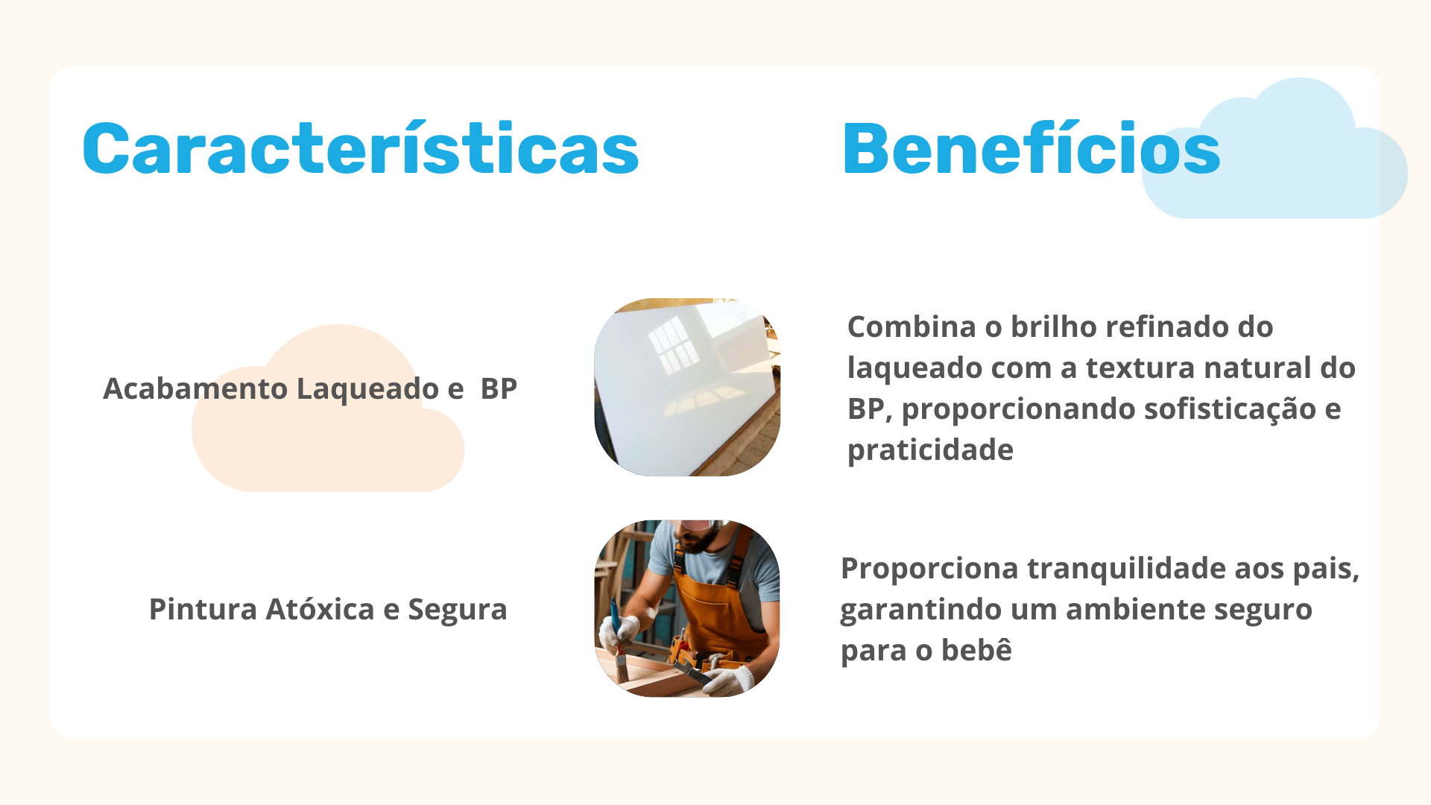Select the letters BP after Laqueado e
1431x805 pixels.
pyautogui.click(x=499, y=388)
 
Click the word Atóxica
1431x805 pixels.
pyautogui.click(x=320, y=609)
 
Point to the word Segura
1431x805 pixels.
pyautogui.click(x=458, y=610)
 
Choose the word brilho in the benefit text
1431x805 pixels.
pyautogui.click(x=1053, y=326)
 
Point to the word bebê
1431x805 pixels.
pyautogui.click(x=976, y=649)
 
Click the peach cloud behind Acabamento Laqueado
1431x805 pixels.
pyautogui.click(x=328, y=440)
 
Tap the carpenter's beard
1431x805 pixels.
pyautogui.click(x=698, y=540)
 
